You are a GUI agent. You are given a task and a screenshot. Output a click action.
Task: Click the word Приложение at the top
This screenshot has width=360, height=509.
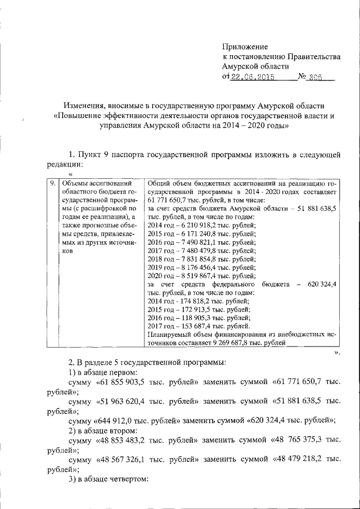tap(245, 46)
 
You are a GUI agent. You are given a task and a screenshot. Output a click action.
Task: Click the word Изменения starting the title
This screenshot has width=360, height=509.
tap(82, 105)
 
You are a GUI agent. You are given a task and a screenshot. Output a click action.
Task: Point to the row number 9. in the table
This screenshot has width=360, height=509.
tap(51, 183)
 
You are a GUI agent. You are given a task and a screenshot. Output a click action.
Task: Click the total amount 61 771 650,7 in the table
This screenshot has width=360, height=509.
tap(172, 200)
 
